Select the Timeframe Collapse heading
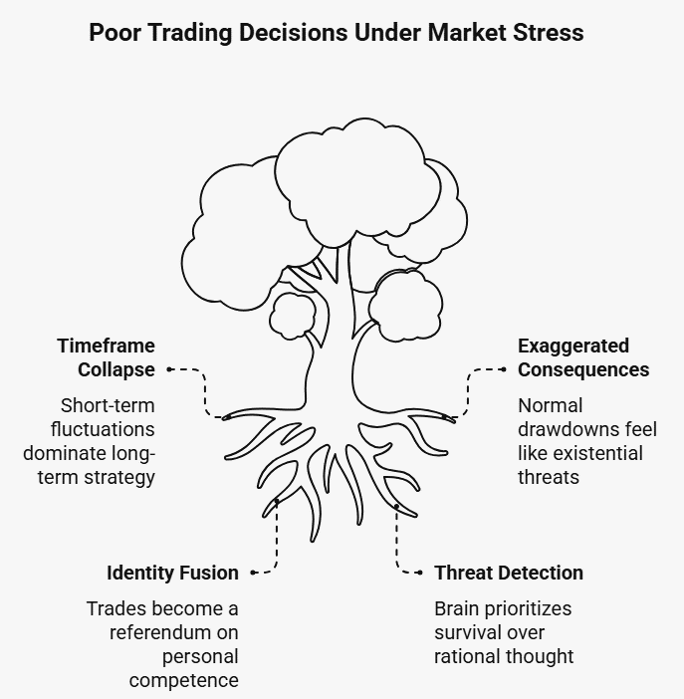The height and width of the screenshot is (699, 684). coord(106,357)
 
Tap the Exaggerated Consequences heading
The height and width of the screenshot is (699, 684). coord(582,357)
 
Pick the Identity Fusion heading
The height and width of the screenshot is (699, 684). coord(172,573)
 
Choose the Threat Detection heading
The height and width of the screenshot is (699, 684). coord(509,573)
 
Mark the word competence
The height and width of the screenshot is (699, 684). coord(183,680)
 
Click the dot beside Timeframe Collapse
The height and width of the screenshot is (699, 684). coord(170,369)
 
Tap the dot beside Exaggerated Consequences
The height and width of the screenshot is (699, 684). coord(503,369)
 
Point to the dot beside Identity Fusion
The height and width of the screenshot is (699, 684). coord(254,573)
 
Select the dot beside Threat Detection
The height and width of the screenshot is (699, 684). coord(421,573)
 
